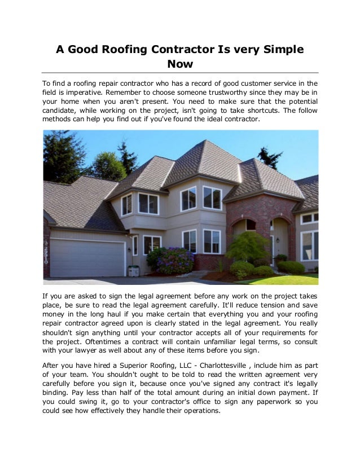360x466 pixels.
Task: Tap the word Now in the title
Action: (x=180, y=65)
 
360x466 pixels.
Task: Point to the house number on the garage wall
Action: (x=46, y=250)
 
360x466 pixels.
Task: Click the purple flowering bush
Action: (x=175, y=261)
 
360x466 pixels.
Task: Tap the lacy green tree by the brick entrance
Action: (x=248, y=247)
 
